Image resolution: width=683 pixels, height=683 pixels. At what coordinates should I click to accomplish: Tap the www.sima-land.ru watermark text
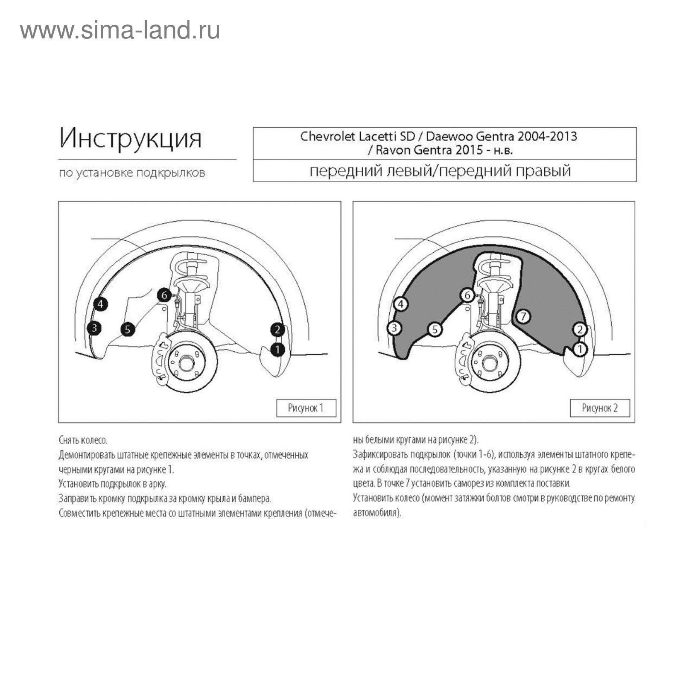tap(120, 30)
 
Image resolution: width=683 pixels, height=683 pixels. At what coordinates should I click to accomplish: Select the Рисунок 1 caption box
tap(306, 408)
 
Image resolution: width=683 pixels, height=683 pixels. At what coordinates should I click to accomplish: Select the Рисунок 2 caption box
tap(600, 408)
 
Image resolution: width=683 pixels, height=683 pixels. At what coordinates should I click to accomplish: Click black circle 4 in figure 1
tap(100, 304)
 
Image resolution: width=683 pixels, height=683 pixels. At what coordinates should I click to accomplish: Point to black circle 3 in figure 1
tap(94, 328)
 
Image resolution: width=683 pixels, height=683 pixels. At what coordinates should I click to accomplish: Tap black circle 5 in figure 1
tap(128, 329)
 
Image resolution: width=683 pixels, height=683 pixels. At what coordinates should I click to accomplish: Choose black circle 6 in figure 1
tap(164, 295)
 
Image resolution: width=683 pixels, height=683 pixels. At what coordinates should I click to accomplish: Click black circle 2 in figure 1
tap(277, 330)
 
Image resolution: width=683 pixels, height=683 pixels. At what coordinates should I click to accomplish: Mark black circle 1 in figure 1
tap(277, 350)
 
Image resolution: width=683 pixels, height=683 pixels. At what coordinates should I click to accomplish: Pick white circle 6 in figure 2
tap(467, 295)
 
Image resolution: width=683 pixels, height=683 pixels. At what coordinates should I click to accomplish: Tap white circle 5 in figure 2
tap(435, 329)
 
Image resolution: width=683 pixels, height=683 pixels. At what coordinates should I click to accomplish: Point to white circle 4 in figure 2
tap(400, 304)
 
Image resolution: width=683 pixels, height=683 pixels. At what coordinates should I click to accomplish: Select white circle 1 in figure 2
tap(580, 350)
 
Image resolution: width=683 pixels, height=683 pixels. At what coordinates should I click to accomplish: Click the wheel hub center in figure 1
tap(187, 363)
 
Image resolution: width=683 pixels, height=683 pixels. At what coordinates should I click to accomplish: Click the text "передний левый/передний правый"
tap(440, 171)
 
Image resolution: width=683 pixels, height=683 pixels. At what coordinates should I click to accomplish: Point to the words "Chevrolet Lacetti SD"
tap(357, 136)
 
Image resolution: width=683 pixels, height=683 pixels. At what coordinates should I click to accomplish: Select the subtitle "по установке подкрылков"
tap(132, 173)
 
